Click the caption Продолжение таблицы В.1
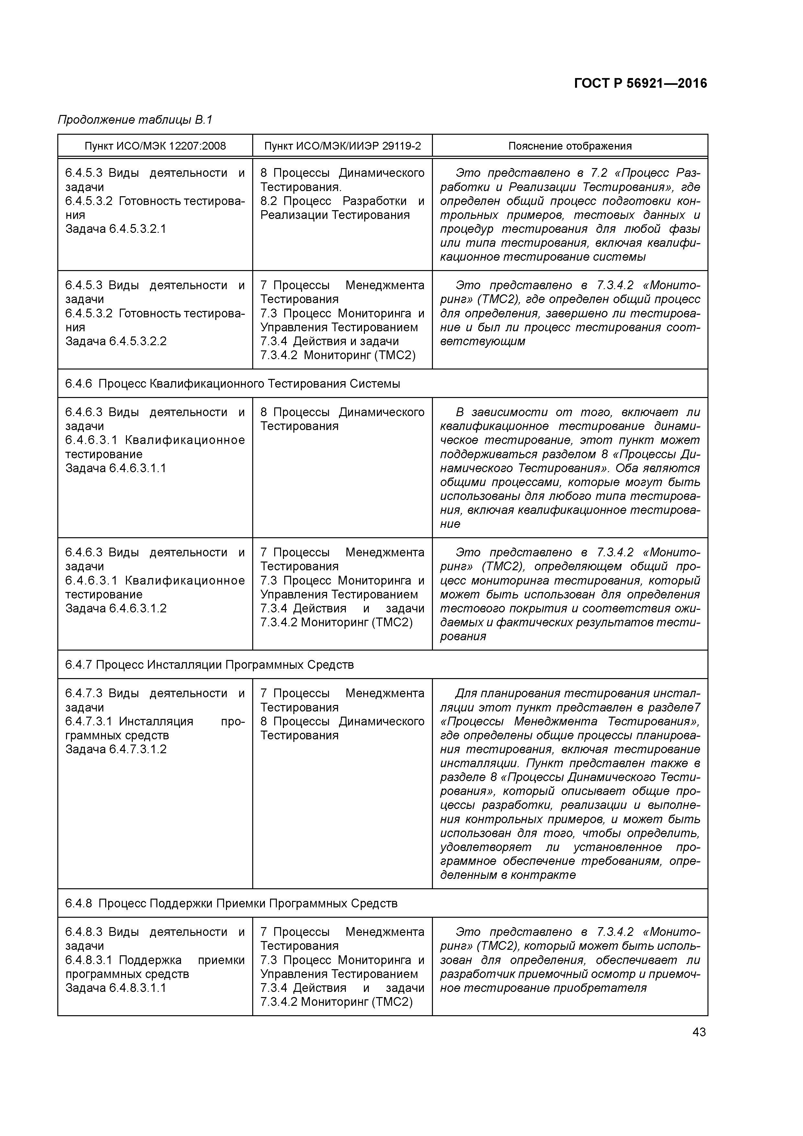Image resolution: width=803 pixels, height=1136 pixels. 135,120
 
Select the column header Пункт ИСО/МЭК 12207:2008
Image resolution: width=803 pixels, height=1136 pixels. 155,146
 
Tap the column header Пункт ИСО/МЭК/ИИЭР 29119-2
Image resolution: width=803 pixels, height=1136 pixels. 342,146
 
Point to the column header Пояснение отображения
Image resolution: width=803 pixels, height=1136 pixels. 570,146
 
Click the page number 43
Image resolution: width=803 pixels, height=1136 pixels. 699,1032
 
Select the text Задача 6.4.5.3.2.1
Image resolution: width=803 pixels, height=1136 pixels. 116,229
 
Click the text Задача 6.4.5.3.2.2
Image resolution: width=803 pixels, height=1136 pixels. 116,341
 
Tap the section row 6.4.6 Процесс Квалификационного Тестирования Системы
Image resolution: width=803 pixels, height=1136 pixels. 232,384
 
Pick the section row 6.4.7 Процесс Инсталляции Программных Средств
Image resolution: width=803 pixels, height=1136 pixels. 209,665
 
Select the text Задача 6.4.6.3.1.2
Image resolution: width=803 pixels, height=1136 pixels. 116,608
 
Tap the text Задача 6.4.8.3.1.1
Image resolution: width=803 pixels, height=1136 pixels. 116,988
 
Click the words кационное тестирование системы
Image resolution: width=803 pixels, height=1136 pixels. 543,257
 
